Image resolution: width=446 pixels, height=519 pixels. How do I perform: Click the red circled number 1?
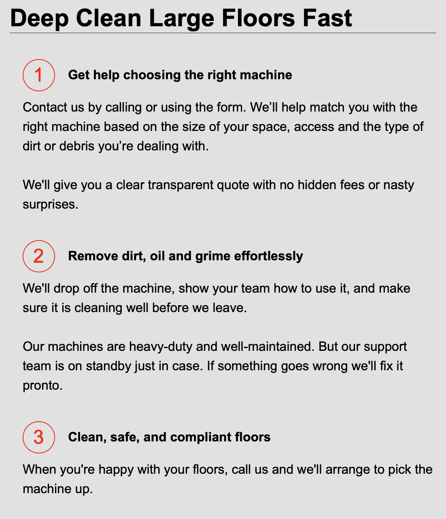coord(38,75)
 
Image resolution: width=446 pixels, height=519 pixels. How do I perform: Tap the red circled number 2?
coord(38,256)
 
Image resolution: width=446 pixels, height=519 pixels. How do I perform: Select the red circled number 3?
coord(38,437)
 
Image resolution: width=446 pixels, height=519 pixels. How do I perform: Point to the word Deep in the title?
coord(39,18)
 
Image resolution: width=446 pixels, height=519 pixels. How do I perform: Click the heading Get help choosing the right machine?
coord(180,75)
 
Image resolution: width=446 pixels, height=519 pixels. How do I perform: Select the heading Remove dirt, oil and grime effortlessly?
coord(185,256)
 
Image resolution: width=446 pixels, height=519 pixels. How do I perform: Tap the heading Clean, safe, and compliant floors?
coord(169,437)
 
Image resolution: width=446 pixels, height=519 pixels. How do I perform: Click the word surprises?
coord(50,204)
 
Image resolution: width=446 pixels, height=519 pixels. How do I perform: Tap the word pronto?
coord(42,385)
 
